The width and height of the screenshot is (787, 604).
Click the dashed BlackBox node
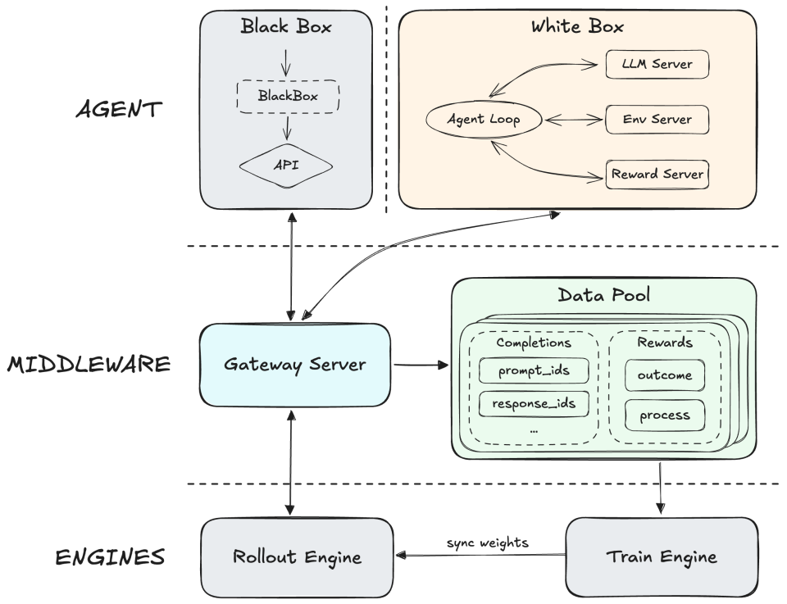[287, 96]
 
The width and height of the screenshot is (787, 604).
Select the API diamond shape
[286, 165]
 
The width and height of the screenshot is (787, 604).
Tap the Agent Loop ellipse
[484, 120]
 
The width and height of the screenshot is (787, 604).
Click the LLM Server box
[656, 64]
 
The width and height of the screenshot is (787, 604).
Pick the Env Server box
[656, 120]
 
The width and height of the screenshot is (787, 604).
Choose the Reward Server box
[656, 175]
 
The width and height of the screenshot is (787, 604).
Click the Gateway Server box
[295, 365]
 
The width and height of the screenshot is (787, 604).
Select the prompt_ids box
[534, 370]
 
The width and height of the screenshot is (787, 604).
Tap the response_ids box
[534, 403]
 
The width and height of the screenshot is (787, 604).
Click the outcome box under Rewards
[664, 375]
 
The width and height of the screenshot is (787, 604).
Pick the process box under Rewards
[664, 415]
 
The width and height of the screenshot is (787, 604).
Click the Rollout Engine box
[297, 557]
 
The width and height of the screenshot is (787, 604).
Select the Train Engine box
[661, 557]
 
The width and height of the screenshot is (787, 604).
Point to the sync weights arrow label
[487, 543]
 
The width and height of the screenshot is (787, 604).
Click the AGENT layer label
[119, 110]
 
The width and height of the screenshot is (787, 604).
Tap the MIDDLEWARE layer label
[89, 364]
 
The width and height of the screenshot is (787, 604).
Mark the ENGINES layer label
[110, 558]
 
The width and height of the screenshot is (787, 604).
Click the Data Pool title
[604, 294]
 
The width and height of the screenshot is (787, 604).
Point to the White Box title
[577, 26]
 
